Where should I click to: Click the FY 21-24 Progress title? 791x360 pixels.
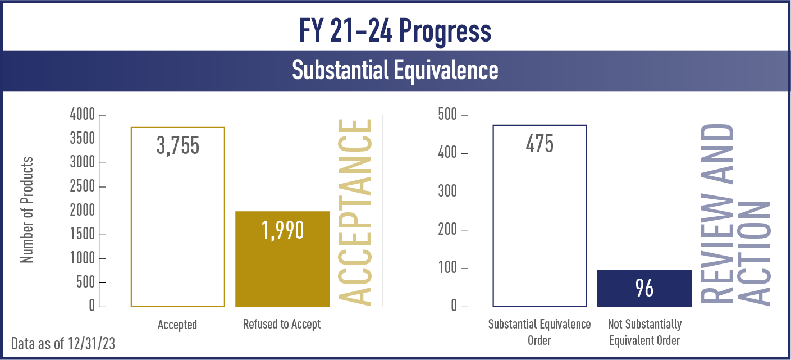tap(395, 31)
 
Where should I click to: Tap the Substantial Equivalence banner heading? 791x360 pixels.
tap(395, 70)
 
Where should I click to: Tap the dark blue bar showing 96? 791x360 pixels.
tap(644, 288)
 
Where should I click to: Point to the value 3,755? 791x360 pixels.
tap(178, 145)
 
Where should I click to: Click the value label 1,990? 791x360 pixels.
tap(282, 230)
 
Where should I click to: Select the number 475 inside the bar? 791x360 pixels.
tap(539, 144)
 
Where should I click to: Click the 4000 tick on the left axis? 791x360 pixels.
tap(83, 115)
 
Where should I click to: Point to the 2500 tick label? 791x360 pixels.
tap(83, 186)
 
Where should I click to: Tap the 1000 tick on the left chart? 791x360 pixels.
tap(83, 258)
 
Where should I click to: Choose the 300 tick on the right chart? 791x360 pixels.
tap(447, 192)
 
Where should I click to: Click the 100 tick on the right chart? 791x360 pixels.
tap(448, 268)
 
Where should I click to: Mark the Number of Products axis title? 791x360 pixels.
tap(27, 210)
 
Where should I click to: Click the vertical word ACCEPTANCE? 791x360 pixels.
tap(355, 212)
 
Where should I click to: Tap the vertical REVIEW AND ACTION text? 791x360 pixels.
tap(735, 215)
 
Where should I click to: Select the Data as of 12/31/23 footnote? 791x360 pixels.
tap(63, 344)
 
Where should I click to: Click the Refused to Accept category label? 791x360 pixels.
tap(282, 324)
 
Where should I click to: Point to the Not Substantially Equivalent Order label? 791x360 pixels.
tap(644, 332)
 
